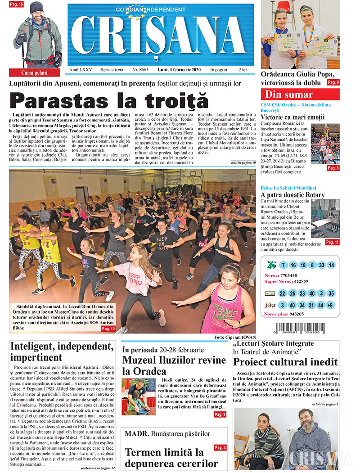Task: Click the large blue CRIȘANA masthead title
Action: (161, 36)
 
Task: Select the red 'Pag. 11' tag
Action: (333, 242)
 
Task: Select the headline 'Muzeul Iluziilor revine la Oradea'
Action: (174, 365)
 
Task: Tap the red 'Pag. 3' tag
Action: (220, 414)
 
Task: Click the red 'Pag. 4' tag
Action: (220, 447)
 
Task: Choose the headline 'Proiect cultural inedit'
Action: (285, 362)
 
